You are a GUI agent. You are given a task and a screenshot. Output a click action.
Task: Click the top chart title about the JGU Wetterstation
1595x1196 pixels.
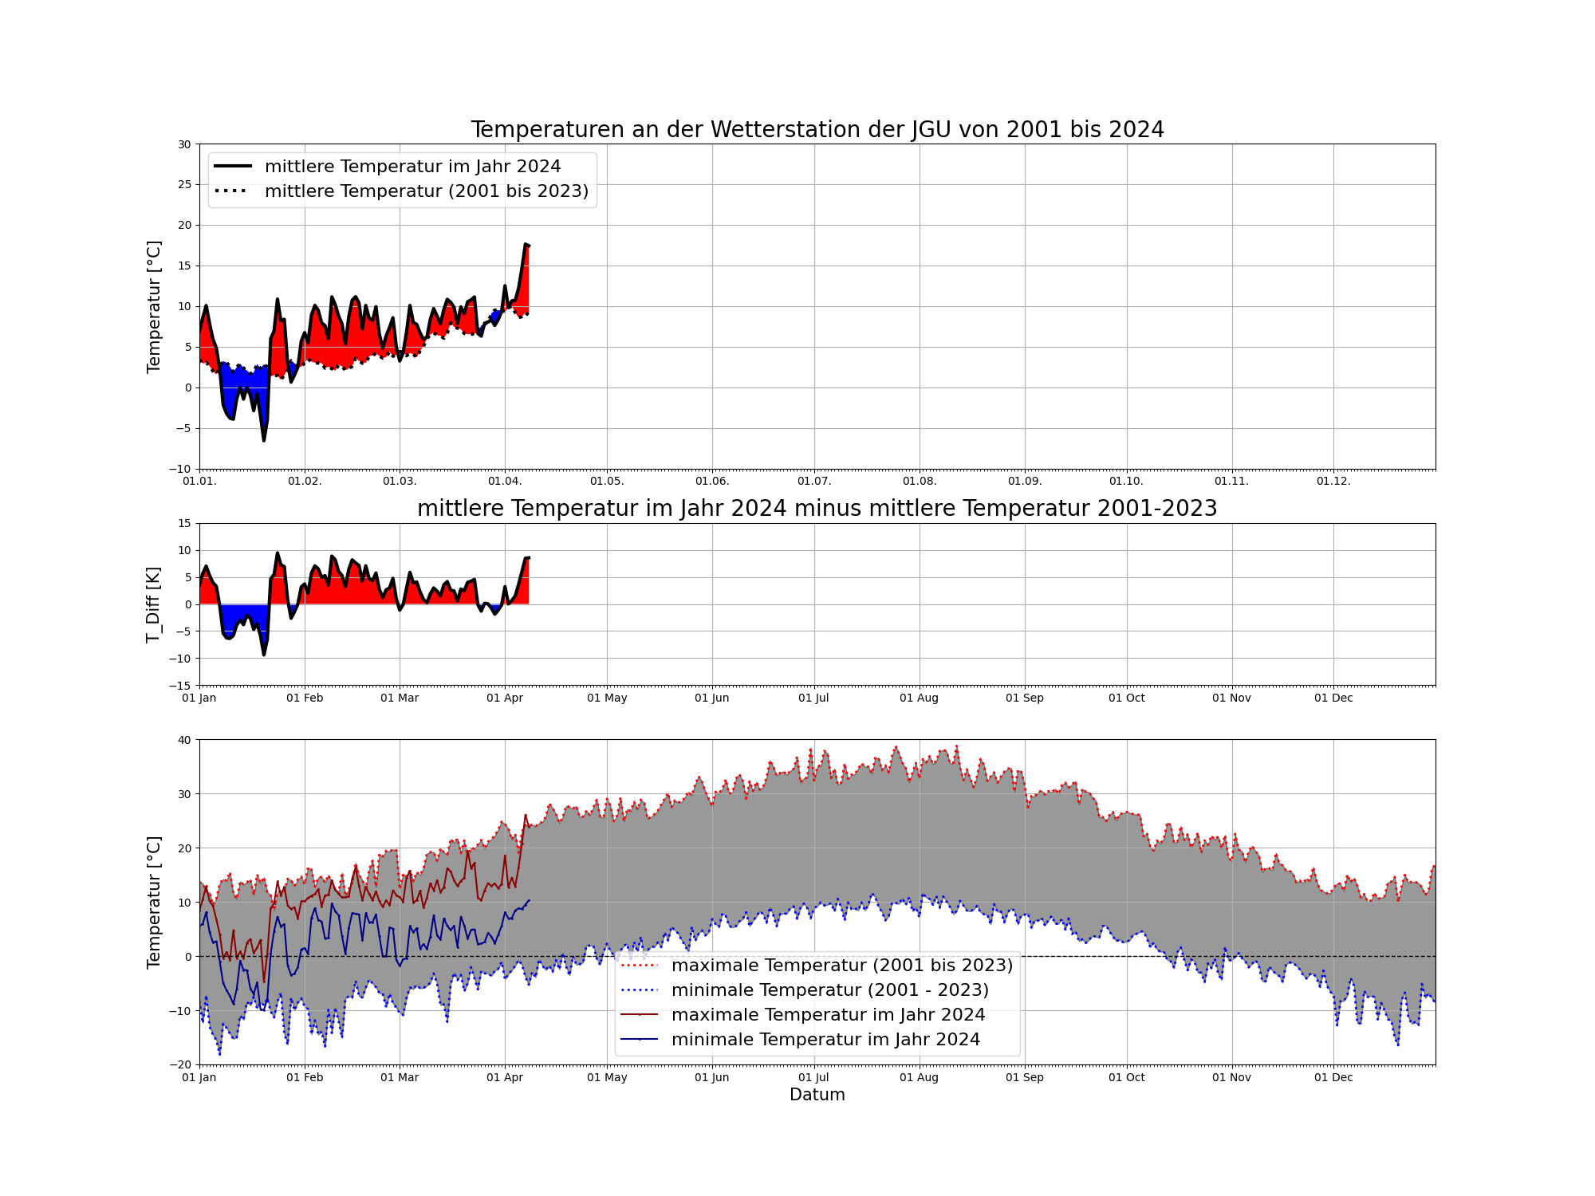[x=817, y=130]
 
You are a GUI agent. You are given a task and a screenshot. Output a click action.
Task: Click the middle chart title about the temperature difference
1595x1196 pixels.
[x=817, y=509]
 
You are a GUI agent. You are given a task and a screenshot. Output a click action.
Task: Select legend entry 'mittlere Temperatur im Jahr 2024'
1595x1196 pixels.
[x=412, y=167]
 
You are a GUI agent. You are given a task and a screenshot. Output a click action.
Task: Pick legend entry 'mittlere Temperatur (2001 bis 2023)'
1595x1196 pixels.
[x=426, y=191]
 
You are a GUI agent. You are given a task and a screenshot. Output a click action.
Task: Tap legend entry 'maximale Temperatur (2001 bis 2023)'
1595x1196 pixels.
[x=842, y=966]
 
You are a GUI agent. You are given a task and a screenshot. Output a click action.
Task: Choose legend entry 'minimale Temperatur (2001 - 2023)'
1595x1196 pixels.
[x=829, y=990]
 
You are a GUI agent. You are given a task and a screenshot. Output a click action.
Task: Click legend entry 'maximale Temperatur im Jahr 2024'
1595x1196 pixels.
[x=828, y=1015]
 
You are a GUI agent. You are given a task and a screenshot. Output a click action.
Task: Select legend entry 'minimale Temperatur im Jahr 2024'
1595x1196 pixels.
[x=825, y=1040]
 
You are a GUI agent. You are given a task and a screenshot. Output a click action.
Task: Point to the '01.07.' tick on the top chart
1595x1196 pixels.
[x=814, y=482]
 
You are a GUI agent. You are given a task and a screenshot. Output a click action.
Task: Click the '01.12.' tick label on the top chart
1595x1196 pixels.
[x=1333, y=482]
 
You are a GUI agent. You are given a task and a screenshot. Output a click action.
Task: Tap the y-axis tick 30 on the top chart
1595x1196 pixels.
[x=185, y=144]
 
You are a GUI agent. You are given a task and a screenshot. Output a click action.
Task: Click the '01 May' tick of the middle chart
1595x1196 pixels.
[x=607, y=698]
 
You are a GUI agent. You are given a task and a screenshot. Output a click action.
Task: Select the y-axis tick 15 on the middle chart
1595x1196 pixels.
[x=185, y=524]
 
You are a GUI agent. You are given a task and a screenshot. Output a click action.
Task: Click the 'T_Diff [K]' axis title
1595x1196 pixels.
[x=153, y=604]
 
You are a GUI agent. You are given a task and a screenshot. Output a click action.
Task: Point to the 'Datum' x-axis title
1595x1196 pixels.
[x=817, y=1095]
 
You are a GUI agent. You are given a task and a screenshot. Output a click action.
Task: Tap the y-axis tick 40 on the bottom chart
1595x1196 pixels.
[x=185, y=740]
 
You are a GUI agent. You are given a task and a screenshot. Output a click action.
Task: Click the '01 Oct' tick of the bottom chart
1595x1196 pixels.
[x=1127, y=1078]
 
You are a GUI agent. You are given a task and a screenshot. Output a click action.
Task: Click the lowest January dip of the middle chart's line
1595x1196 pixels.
[x=264, y=655]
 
